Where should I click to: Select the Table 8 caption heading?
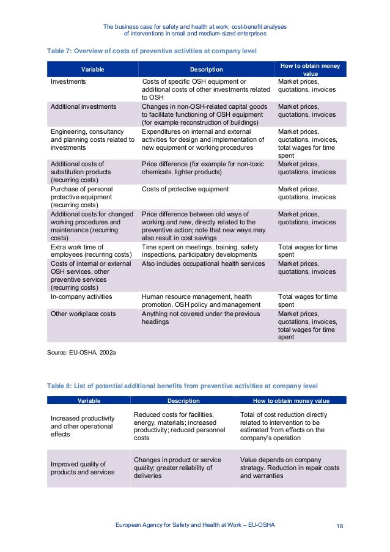(182, 385)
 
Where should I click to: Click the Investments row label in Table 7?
(68, 81)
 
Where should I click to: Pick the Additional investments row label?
(83, 106)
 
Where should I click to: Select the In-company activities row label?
(81, 296)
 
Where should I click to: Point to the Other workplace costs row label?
(83, 314)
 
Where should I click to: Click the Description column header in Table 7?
(206, 70)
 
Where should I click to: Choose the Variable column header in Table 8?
(89, 401)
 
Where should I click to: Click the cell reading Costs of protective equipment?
(185, 189)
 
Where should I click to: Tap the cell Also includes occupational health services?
(203, 263)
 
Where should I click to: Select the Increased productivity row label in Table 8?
(81, 425)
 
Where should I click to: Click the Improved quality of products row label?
(82, 468)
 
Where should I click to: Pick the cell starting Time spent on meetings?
(200, 251)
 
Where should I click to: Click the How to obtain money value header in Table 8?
(291, 401)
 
